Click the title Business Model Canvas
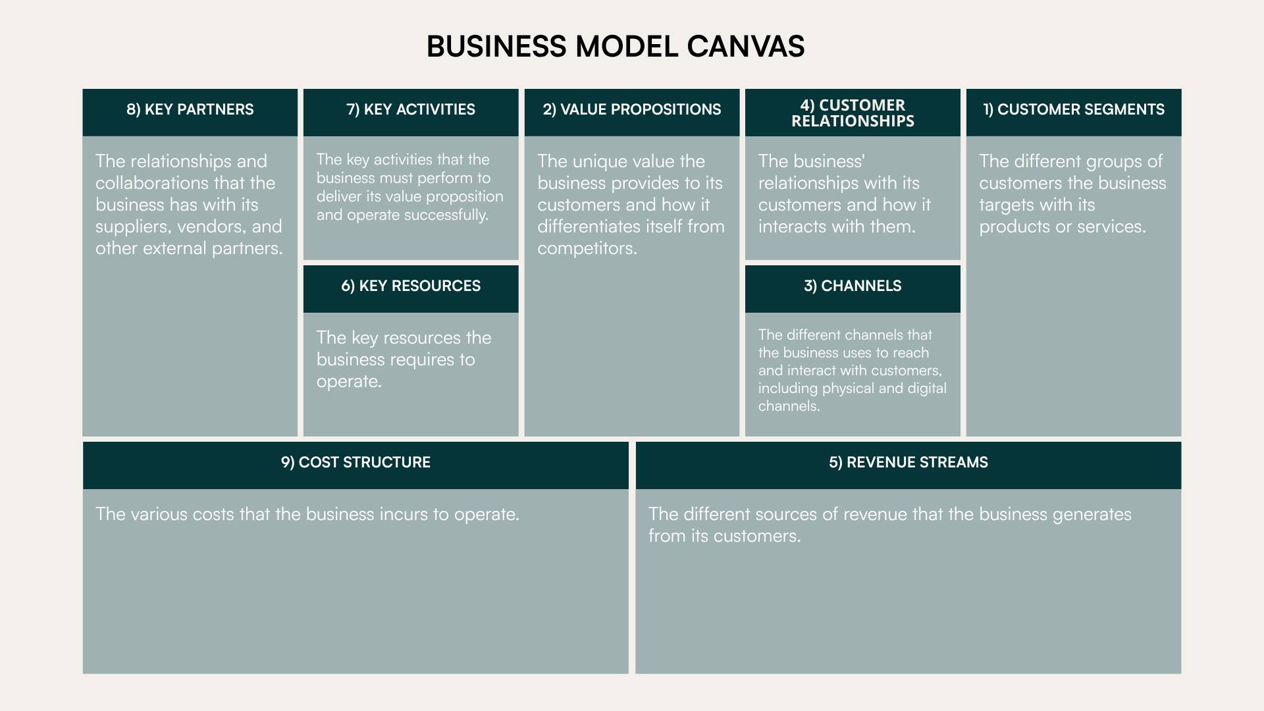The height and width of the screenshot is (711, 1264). (616, 47)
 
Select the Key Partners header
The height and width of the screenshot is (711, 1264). (190, 109)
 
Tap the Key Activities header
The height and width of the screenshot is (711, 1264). (411, 109)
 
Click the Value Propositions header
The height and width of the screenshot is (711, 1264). (632, 109)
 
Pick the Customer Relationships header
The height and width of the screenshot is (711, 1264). (853, 113)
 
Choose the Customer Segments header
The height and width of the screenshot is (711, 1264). (1074, 109)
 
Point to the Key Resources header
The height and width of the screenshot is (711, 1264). (411, 286)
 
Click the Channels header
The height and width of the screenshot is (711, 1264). (853, 286)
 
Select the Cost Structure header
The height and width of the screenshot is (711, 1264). (355, 462)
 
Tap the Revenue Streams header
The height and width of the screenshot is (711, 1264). (908, 462)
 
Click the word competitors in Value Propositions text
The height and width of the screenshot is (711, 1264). (586, 249)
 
